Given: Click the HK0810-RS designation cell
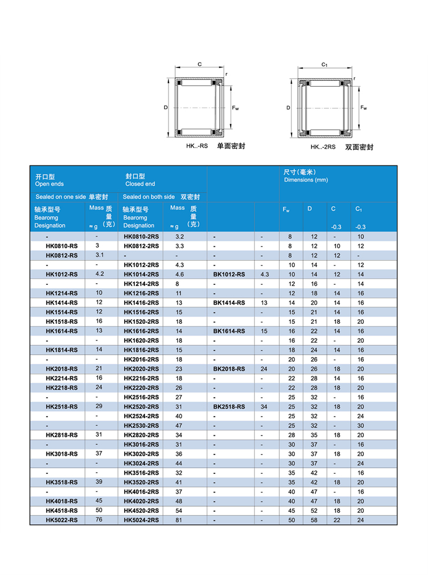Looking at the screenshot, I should (62, 246).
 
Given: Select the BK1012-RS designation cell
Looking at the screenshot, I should (229, 274).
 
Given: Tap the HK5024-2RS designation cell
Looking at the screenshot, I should (141, 520).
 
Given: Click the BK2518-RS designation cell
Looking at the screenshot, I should (229, 406).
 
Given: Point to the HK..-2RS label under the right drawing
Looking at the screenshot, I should (323, 147).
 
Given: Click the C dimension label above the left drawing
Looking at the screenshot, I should (199, 64).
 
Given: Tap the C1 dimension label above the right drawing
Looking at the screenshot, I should (324, 64).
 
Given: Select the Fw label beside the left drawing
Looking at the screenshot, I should (235, 109).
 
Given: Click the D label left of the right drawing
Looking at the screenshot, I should (288, 108).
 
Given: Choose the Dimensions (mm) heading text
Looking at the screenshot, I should (306, 180).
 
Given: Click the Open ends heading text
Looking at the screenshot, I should (49, 184).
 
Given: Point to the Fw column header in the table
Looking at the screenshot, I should (286, 209).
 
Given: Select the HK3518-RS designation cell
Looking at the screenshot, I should (62, 482).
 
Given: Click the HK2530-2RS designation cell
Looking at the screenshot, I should (141, 425).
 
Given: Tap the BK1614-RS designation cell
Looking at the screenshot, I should (229, 331).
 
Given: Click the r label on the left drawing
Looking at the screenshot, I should (226, 74).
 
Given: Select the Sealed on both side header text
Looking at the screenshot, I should (149, 197).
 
